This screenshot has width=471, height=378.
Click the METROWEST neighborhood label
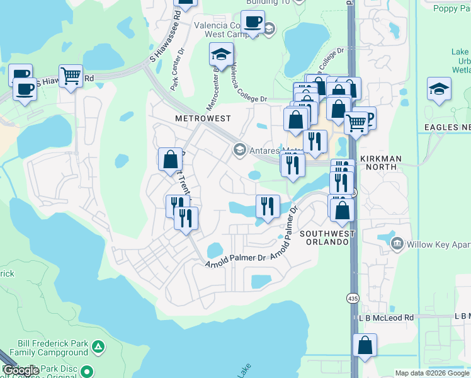click(x=203, y=118)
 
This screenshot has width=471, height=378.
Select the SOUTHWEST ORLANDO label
click(x=324, y=238)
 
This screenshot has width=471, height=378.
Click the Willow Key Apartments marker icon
click(x=397, y=243)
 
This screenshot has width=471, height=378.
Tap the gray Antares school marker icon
click(x=239, y=150)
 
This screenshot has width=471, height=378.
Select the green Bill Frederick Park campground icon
click(x=98, y=346)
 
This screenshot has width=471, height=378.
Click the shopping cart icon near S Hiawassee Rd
click(x=71, y=76)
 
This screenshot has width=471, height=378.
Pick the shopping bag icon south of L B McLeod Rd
click(x=365, y=345)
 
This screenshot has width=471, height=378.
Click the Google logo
click(x=21, y=370)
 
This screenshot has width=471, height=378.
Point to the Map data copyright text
click(x=431, y=373)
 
